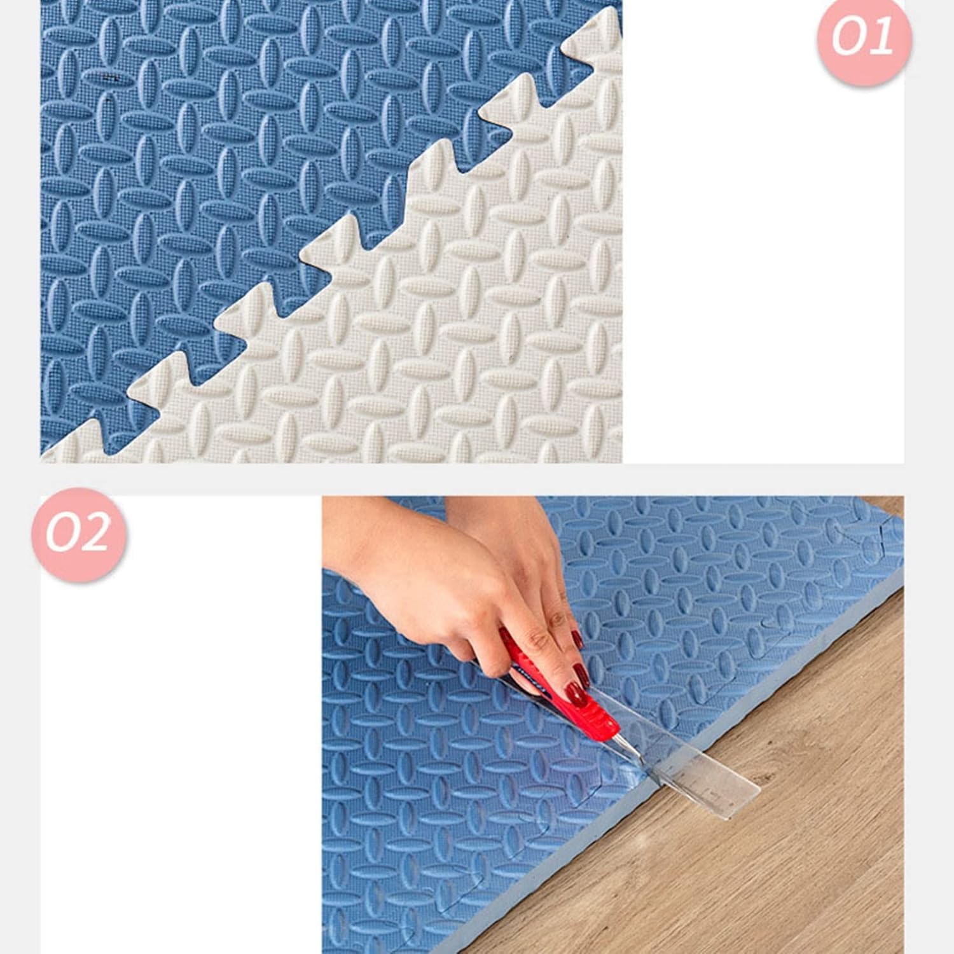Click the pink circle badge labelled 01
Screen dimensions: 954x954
click(x=864, y=38)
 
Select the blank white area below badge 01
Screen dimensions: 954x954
click(x=763, y=273)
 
